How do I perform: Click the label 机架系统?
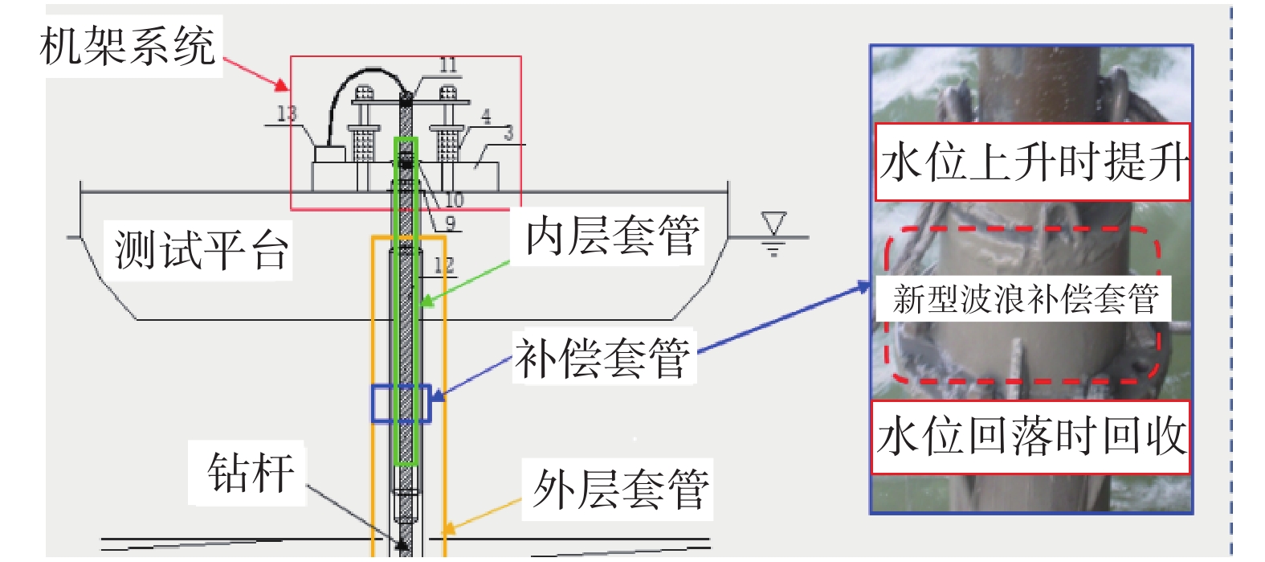coord(129,46)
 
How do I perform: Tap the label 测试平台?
coord(201,249)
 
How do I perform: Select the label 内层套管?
coord(612,236)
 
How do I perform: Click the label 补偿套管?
coord(602,358)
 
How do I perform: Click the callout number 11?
coord(448,66)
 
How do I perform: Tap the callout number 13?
coord(286,114)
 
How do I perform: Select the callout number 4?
coord(486,117)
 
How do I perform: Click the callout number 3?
coord(508,133)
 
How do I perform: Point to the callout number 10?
coord(454,199)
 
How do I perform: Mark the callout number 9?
coord(450,224)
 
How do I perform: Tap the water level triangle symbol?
coord(773,224)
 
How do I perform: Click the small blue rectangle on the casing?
coord(401,404)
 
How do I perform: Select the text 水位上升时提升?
coord(1032,162)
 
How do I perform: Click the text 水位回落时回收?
coord(1031,437)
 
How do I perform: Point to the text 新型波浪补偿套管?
coord(1026,299)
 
